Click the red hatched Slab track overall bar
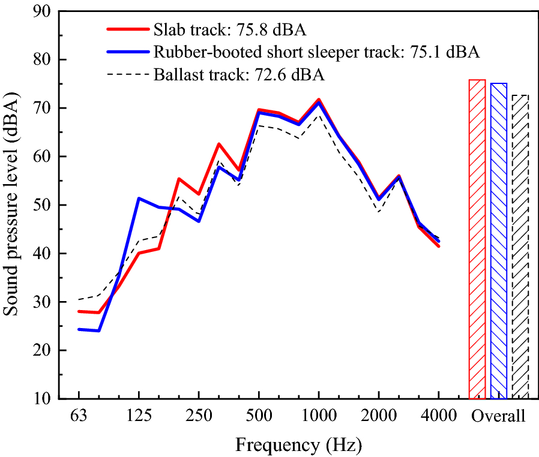(x=477, y=240)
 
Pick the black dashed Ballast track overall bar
(x=520, y=246)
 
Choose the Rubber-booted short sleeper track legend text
(x=316, y=52)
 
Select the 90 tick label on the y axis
(x=49, y=11)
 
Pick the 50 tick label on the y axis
(x=49, y=205)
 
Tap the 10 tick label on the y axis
(x=49, y=399)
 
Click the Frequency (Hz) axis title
(x=298, y=445)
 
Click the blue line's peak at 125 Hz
(x=139, y=198)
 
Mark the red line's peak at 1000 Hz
(x=319, y=100)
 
